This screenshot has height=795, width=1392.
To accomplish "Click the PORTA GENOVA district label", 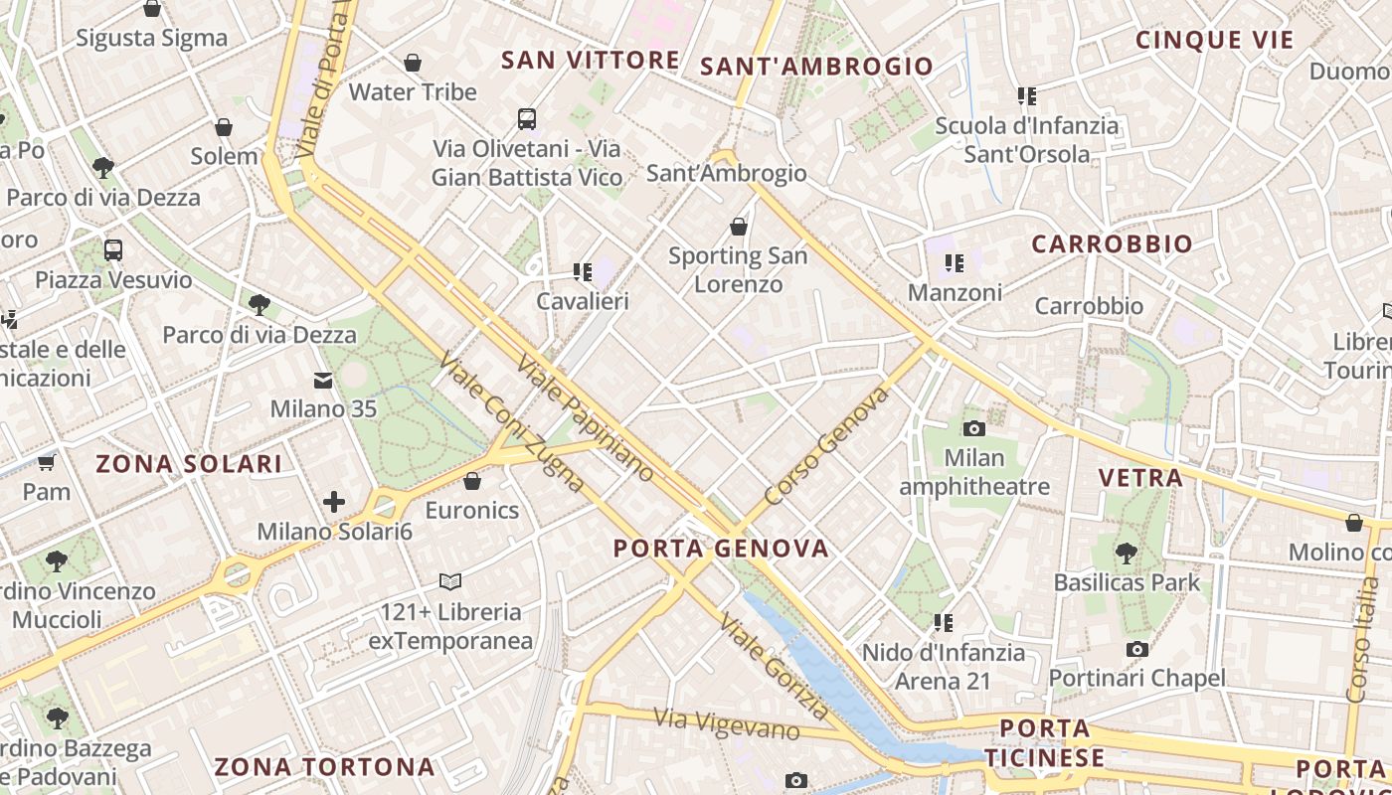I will click(720, 549).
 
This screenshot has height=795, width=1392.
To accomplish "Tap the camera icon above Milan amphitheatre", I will click(974, 428).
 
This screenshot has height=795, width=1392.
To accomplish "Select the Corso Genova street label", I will click(826, 446).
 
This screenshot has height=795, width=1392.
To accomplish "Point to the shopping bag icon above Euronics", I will click(472, 482).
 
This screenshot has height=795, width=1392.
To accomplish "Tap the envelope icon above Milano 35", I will click(323, 381).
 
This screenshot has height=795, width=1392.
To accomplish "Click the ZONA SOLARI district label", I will click(189, 463).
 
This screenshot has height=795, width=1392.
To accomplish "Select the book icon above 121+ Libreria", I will click(450, 581).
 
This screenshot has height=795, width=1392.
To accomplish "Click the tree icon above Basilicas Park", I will click(1127, 553).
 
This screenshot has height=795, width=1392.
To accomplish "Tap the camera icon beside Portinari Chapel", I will click(1137, 650).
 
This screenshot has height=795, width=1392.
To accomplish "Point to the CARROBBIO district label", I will click(1112, 244).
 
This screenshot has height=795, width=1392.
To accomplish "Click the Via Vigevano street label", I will click(727, 723).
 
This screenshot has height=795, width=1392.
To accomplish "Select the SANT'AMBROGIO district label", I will click(816, 67).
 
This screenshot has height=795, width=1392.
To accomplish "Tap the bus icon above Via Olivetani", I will click(527, 119).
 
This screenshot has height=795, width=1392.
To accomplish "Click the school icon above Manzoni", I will click(955, 263).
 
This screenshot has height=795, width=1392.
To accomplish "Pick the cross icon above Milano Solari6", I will click(334, 502).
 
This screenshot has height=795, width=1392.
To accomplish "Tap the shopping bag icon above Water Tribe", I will click(413, 63).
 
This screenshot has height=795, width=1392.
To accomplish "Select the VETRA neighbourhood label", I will click(1140, 478).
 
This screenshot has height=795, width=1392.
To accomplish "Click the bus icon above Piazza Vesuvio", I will click(113, 250).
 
